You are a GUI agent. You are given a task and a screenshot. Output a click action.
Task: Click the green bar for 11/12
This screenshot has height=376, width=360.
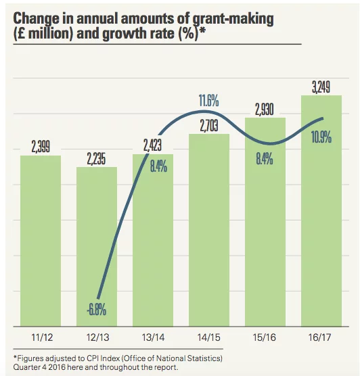tap(41, 241)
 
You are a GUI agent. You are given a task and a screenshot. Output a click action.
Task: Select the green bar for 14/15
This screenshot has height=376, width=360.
tap(209, 230)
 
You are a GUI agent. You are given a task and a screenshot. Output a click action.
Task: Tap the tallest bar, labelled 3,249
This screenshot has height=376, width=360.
tap(321, 211)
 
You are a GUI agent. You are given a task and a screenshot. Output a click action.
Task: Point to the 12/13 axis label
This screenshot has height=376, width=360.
tap(97, 337)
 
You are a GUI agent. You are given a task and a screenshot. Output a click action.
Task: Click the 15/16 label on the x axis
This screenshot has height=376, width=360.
tap(264, 337)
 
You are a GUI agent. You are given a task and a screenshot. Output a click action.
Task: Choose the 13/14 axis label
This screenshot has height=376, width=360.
tap(153, 337)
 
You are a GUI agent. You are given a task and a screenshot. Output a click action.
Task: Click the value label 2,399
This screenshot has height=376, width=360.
tap(41, 147)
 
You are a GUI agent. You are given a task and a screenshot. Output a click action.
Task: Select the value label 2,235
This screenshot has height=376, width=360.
tap(96, 158)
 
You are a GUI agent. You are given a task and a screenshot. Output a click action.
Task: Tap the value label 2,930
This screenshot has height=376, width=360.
tap(264, 110)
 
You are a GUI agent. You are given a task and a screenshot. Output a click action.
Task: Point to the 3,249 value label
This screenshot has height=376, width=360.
tap(321, 87)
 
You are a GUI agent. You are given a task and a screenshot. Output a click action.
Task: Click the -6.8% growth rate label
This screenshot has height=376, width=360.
tap(97, 310)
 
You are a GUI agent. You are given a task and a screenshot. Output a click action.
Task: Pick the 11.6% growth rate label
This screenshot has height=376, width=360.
tap(209, 101)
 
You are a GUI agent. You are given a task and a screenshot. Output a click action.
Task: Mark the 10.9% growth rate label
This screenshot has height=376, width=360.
tap(321, 137)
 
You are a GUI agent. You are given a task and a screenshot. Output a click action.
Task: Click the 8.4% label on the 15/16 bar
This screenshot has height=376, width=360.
tap(265, 159)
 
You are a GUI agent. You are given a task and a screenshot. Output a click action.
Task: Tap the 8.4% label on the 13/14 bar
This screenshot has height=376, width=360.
tap(158, 166)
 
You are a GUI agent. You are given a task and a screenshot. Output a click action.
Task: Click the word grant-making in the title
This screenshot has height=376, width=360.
tap(233, 19)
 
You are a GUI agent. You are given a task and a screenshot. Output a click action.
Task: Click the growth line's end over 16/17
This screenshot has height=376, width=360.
tap(323, 118)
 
